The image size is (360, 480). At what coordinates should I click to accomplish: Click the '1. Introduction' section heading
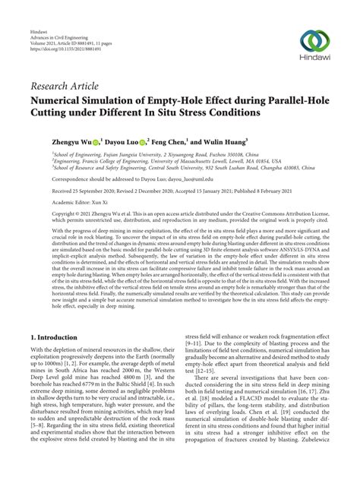pyautogui.click(x=57, y=334)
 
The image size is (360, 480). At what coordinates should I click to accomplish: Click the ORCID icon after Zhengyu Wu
pyautogui.click(x=98, y=141)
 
